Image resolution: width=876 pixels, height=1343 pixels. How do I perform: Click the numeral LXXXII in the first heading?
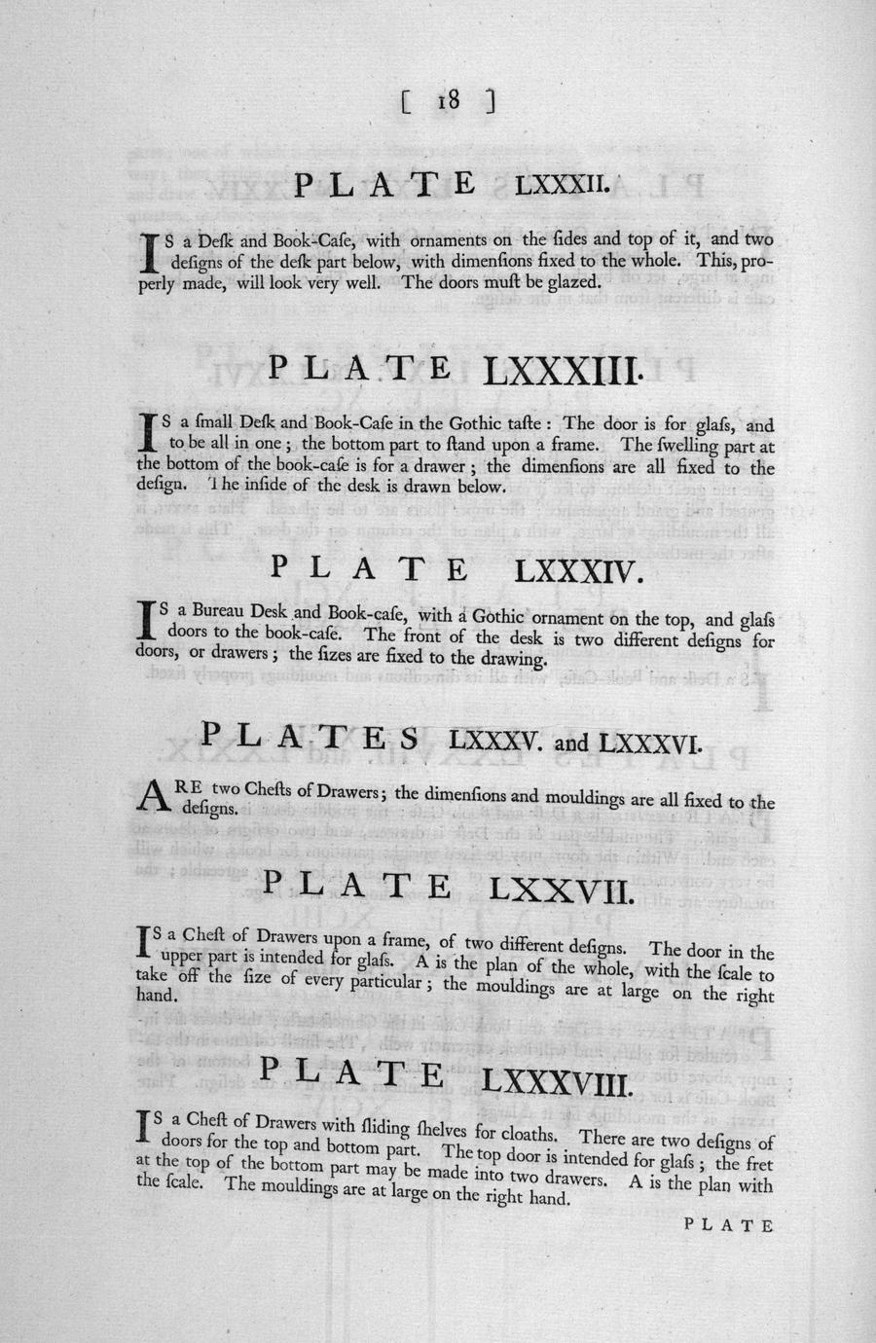pyautogui.click(x=563, y=183)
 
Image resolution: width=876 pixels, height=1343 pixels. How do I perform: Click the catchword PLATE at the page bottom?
pyautogui.click(x=729, y=1225)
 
